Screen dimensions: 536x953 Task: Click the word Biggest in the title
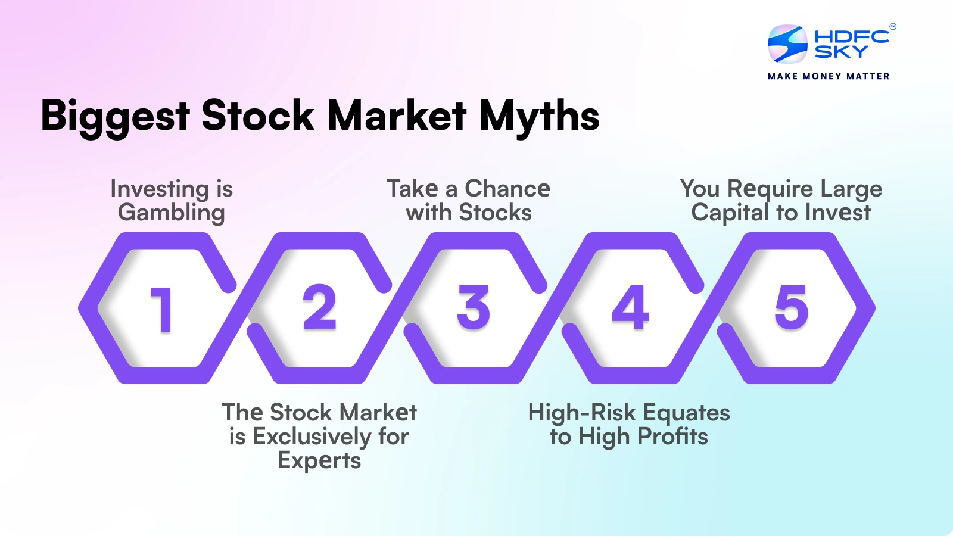tap(115, 116)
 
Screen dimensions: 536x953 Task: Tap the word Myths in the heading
tap(539, 116)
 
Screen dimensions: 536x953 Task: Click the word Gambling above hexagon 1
tap(172, 213)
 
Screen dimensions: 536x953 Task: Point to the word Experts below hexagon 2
tap(319, 461)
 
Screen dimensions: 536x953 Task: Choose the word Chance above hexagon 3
tap(507, 189)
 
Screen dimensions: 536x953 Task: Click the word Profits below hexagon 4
tap(672, 437)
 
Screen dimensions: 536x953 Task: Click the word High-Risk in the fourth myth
tap(582, 413)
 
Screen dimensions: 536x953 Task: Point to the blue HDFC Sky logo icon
tap(787, 44)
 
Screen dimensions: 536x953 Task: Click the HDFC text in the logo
tap(851, 36)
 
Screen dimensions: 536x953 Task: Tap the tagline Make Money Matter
tap(829, 76)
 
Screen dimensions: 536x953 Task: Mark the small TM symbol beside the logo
tap(892, 26)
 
